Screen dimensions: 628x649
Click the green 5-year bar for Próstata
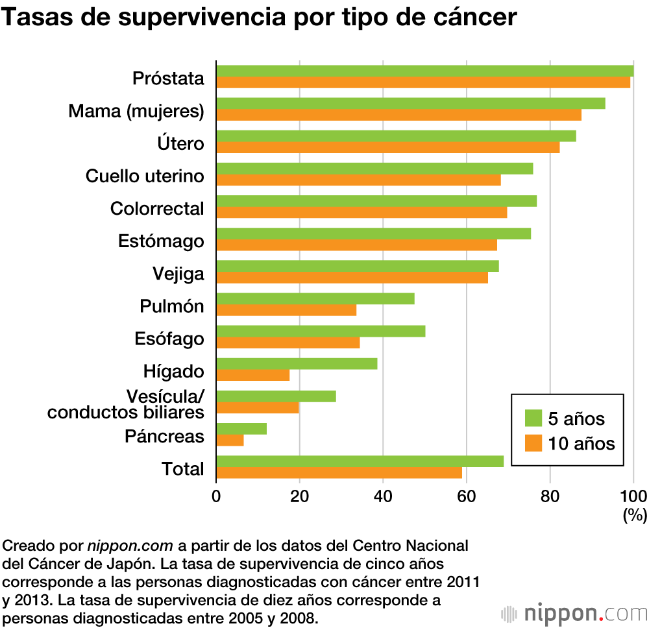(424, 71)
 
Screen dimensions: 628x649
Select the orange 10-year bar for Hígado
(252, 375)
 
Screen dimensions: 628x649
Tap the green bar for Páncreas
(241, 428)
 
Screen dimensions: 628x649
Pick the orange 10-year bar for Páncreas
(230, 440)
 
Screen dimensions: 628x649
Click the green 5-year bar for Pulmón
(315, 298)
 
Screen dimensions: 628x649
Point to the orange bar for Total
(339, 472)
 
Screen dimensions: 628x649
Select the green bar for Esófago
(321, 331)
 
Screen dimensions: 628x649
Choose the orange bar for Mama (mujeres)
(398, 115)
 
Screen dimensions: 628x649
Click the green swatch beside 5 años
(533, 418)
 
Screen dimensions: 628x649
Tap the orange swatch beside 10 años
(533, 443)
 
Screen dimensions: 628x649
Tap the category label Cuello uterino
(145, 176)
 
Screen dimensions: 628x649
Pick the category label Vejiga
(178, 274)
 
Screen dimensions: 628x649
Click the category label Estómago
(161, 241)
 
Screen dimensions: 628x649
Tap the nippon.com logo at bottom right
(574, 613)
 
